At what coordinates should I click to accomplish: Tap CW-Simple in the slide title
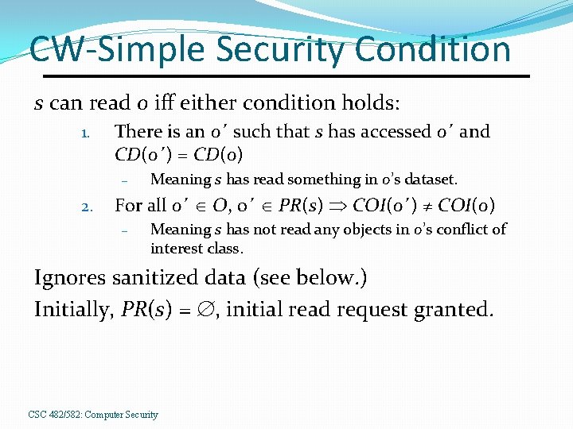pyautogui.click(x=106, y=49)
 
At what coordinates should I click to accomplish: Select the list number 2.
pyautogui.click(x=88, y=207)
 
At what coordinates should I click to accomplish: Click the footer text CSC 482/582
pyautogui.click(x=54, y=415)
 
